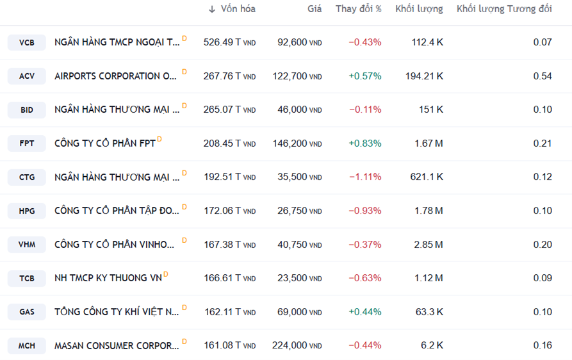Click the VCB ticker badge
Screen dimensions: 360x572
pyautogui.click(x=27, y=43)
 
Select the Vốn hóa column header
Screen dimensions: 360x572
pyautogui.click(x=238, y=9)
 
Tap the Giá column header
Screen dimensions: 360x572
pyautogui.click(x=314, y=9)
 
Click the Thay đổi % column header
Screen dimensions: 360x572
pyautogui.click(x=358, y=9)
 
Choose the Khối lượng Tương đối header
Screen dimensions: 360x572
pyautogui.click(x=503, y=9)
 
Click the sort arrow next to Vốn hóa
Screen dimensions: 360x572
pyautogui.click(x=212, y=9)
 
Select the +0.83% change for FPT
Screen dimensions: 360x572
pyautogui.click(x=364, y=143)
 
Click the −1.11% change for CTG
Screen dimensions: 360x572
pyautogui.click(x=364, y=177)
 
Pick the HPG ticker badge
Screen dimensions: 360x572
pyautogui.click(x=27, y=211)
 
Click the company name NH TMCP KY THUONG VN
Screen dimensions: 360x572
pyautogui.click(x=108, y=278)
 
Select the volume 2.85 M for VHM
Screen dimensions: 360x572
pyautogui.click(x=429, y=244)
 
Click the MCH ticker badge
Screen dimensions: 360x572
pyautogui.click(x=27, y=346)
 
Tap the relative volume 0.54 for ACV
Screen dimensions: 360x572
pyautogui.click(x=542, y=76)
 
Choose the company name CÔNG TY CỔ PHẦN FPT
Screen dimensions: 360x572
pyautogui.click(x=105, y=143)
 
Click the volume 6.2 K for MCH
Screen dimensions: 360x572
pyautogui.click(x=431, y=345)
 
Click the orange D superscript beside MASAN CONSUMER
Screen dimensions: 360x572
pyautogui.click(x=184, y=341)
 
